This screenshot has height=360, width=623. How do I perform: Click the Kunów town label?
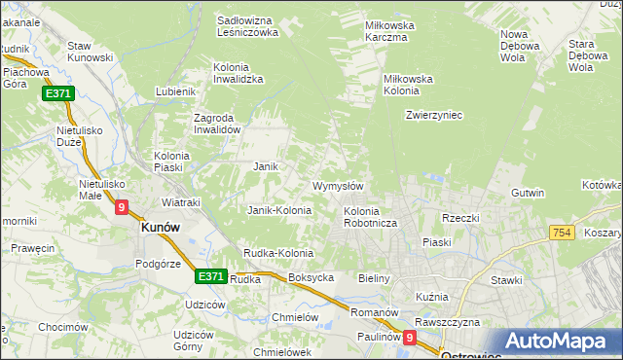coord(161,227)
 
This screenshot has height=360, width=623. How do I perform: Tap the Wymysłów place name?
coord(338,186)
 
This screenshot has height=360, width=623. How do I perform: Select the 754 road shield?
coord(560,233)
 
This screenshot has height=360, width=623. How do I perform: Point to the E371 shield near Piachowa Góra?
coord(56,93)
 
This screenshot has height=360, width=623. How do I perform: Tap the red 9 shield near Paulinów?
coord(410,338)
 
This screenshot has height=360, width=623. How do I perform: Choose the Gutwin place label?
coord(528,193)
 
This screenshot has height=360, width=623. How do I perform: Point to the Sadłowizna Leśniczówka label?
coord(247,25)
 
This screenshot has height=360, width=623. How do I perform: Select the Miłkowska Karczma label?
coord(389,31)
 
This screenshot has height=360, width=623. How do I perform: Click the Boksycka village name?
coord(311,277)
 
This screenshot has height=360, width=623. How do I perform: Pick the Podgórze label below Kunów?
coord(159,263)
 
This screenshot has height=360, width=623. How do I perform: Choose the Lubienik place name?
coord(176,92)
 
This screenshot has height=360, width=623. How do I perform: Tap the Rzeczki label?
coord(460,218)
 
